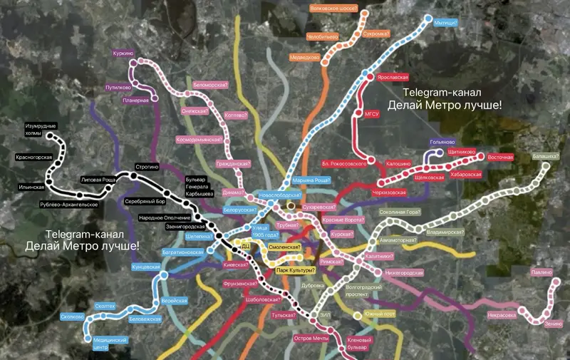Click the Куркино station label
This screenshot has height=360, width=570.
[123, 53]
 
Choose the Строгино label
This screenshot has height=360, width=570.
[145, 167]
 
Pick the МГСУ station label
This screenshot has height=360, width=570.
[371, 113]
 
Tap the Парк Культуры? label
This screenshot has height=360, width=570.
[295, 270]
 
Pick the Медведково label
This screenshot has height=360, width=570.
[304, 58]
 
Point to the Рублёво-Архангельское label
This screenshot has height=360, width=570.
[68, 205]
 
